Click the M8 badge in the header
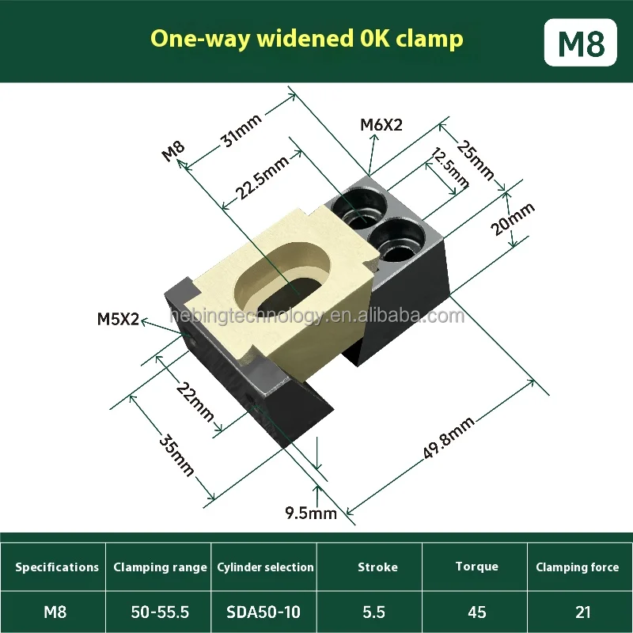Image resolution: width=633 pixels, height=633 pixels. [x=582, y=42]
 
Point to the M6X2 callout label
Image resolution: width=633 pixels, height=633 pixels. [x=381, y=124]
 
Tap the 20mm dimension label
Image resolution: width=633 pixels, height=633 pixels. [x=514, y=218]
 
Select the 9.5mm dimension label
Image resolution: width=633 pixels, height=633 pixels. [x=311, y=514]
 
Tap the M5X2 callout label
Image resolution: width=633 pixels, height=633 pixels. [x=118, y=320]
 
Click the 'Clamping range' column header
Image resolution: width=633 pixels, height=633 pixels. [x=160, y=567]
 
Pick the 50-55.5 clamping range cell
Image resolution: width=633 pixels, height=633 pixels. [x=160, y=612]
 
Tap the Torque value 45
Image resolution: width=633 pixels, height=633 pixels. [x=476, y=612]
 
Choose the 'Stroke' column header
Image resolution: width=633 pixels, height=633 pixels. [x=377, y=567]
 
